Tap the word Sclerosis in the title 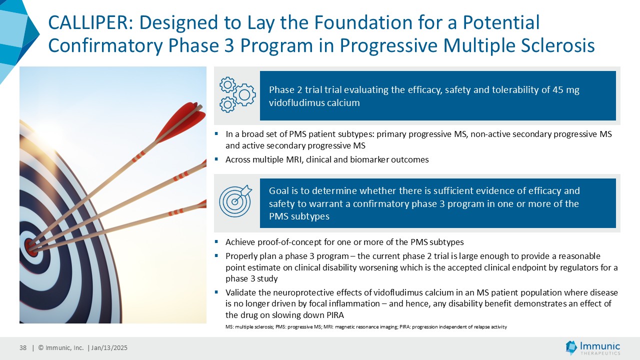point(558,45)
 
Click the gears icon point(237,94)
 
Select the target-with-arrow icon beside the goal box point(235,201)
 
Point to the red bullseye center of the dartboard point(31,247)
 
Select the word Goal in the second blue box point(278,190)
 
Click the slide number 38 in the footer point(23,347)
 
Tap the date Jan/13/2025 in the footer point(109,347)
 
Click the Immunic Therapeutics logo point(593,347)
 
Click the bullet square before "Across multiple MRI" point(216,158)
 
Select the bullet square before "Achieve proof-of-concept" point(216,241)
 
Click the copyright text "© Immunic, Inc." point(61,347)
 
